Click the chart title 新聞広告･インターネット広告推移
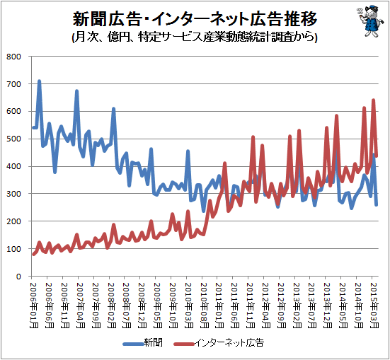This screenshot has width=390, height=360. [195, 19]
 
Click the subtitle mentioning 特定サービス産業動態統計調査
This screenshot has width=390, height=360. [195, 37]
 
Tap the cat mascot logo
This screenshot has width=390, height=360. [369, 22]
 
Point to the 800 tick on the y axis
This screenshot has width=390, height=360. [13, 57]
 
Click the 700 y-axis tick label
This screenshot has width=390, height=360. [13, 84]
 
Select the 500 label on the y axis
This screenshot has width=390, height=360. [13, 139]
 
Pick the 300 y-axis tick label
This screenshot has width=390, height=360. [13, 194]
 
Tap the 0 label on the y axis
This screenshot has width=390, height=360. [18, 277]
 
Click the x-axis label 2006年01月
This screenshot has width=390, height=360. [34, 305]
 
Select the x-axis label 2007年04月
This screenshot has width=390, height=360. [80, 305]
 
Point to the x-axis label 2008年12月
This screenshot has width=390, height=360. [142, 305]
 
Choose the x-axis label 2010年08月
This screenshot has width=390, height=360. [204, 305]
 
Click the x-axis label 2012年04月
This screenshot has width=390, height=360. [265, 305]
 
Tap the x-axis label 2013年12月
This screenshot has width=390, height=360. [328, 305]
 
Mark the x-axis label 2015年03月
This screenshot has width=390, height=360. [374, 305]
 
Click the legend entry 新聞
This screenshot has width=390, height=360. [143, 343]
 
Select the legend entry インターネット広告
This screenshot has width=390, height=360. [219, 343]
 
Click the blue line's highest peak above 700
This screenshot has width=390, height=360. [39, 81]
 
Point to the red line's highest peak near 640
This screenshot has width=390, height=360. [373, 100]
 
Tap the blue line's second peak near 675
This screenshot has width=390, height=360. [76, 91]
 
